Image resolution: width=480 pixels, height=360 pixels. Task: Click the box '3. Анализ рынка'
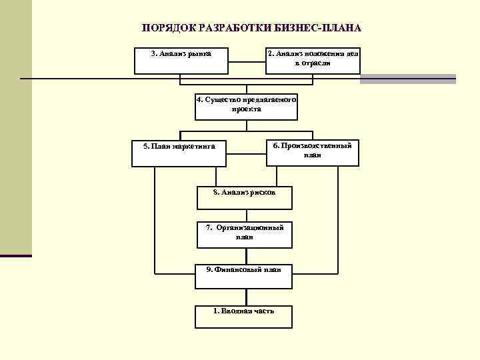(x=181, y=61)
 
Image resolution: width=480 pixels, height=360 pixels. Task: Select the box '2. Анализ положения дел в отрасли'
(x=313, y=61)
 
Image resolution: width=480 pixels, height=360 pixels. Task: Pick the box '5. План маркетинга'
(x=179, y=153)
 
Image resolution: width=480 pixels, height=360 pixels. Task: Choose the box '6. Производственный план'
(x=312, y=153)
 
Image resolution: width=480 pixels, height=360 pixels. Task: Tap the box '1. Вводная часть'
(x=243, y=316)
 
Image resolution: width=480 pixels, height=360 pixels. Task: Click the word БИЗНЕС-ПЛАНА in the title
(x=323, y=29)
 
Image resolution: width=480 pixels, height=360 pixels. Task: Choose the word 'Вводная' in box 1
(x=237, y=311)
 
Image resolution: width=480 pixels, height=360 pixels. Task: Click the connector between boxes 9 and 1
(x=244, y=297)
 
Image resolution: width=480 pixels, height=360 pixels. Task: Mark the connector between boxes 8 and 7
(x=244, y=214)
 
